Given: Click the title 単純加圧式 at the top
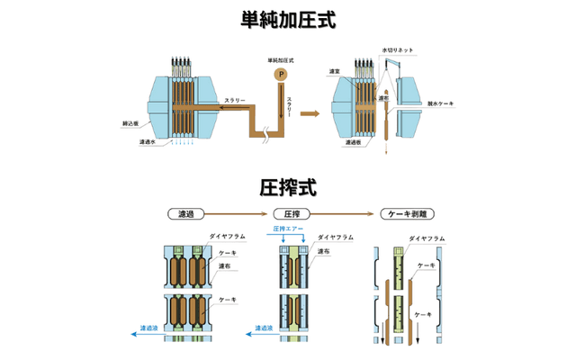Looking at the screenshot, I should (288, 20).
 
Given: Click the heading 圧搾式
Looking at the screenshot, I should (288, 188).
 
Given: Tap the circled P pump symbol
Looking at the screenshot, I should (282, 73).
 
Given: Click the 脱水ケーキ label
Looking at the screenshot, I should (441, 103).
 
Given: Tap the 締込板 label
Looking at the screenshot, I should (130, 123).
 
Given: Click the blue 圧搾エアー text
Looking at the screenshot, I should (286, 229).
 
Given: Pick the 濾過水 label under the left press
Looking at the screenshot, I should (148, 141).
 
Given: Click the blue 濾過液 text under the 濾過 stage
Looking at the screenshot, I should (149, 329).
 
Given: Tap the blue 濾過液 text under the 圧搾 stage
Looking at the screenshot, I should (266, 329).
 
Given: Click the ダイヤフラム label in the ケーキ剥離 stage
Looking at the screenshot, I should (425, 238).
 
